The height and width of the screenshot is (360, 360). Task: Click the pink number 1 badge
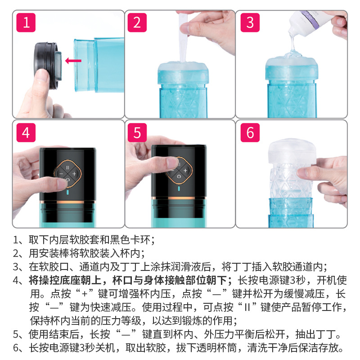26,22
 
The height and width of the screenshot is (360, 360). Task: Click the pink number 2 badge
137,22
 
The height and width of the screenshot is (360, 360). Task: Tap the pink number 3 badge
250,22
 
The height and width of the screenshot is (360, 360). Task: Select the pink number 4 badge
26,133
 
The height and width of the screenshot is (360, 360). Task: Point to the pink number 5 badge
137,133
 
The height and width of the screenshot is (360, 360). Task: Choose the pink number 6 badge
250,133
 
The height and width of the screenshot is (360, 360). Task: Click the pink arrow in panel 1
73,61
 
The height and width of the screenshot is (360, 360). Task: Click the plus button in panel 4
74,174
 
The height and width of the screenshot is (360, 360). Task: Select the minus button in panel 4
61,174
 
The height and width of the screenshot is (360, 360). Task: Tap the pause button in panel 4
67,167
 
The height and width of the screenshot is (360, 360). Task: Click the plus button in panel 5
185,170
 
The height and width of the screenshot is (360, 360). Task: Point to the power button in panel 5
179,176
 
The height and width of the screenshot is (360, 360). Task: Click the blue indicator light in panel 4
68,192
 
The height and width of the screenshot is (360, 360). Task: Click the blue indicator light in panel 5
179,189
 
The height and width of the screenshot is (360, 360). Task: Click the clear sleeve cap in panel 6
292,150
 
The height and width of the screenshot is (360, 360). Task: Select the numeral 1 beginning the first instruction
16,240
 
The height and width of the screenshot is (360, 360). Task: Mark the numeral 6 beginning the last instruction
16,347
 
